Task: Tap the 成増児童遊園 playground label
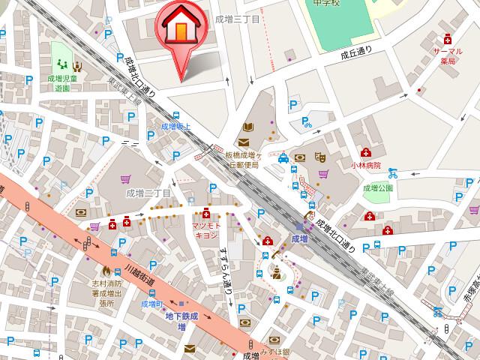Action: click(x=61, y=82)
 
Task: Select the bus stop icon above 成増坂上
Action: click(x=175, y=115)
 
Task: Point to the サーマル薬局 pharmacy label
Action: click(x=448, y=56)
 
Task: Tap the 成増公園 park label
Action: click(x=378, y=189)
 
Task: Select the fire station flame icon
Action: click(x=106, y=269)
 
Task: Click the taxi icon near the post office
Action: click(x=283, y=158)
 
